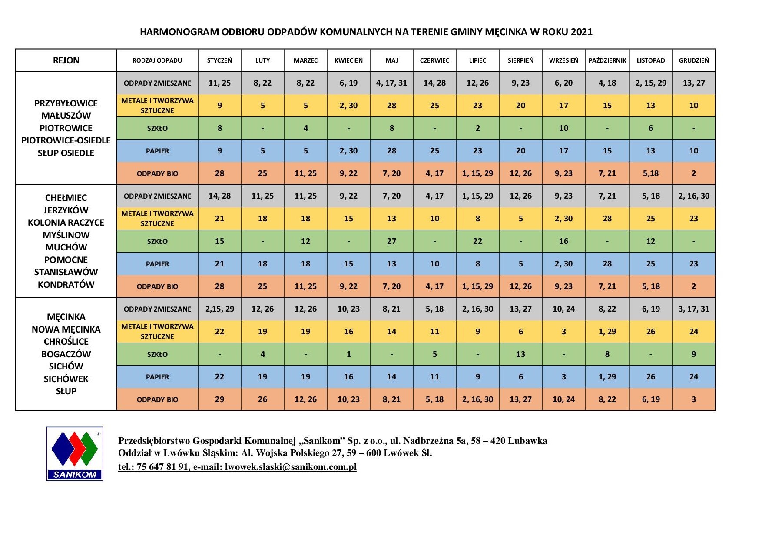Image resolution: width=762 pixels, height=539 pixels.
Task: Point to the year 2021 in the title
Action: click(581, 32)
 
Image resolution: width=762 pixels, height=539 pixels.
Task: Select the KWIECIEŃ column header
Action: click(348, 60)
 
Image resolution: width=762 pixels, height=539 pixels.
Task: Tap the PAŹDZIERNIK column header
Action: click(607, 60)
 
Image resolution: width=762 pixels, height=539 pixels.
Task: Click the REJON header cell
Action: click(66, 60)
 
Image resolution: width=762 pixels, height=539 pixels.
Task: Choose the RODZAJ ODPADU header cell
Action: click(157, 60)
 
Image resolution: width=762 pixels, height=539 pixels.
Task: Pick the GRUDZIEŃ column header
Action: click(693, 60)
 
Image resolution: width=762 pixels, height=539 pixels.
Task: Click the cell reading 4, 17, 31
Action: click(391, 83)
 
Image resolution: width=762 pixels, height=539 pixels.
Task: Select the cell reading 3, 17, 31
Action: click(693, 309)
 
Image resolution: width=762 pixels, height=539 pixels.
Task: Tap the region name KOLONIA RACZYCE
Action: click(66, 223)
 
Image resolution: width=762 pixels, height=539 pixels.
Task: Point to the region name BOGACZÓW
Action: click(66, 354)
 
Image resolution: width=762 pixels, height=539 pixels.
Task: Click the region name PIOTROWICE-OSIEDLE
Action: click(66, 140)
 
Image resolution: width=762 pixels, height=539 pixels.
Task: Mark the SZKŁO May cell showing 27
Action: click(391, 241)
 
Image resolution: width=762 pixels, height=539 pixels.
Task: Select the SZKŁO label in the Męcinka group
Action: click(157, 354)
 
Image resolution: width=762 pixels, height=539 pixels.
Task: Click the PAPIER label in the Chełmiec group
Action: click(157, 264)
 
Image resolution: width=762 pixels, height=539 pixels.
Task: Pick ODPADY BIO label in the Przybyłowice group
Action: click(157, 173)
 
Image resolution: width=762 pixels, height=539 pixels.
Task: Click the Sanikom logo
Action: click(75, 453)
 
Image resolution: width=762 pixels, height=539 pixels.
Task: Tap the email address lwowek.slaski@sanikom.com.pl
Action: click(290, 467)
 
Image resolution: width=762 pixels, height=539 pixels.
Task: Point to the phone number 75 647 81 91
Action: click(162, 467)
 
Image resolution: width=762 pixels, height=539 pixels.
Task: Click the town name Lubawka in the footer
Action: click(527, 441)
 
